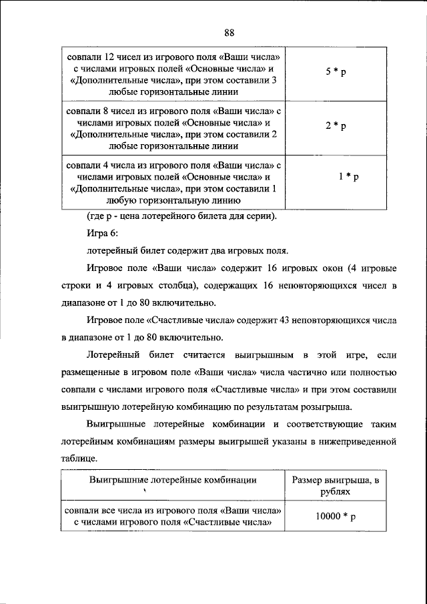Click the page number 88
click(x=229, y=33)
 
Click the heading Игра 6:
click(x=101, y=234)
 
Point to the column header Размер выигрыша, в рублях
click(x=337, y=485)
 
